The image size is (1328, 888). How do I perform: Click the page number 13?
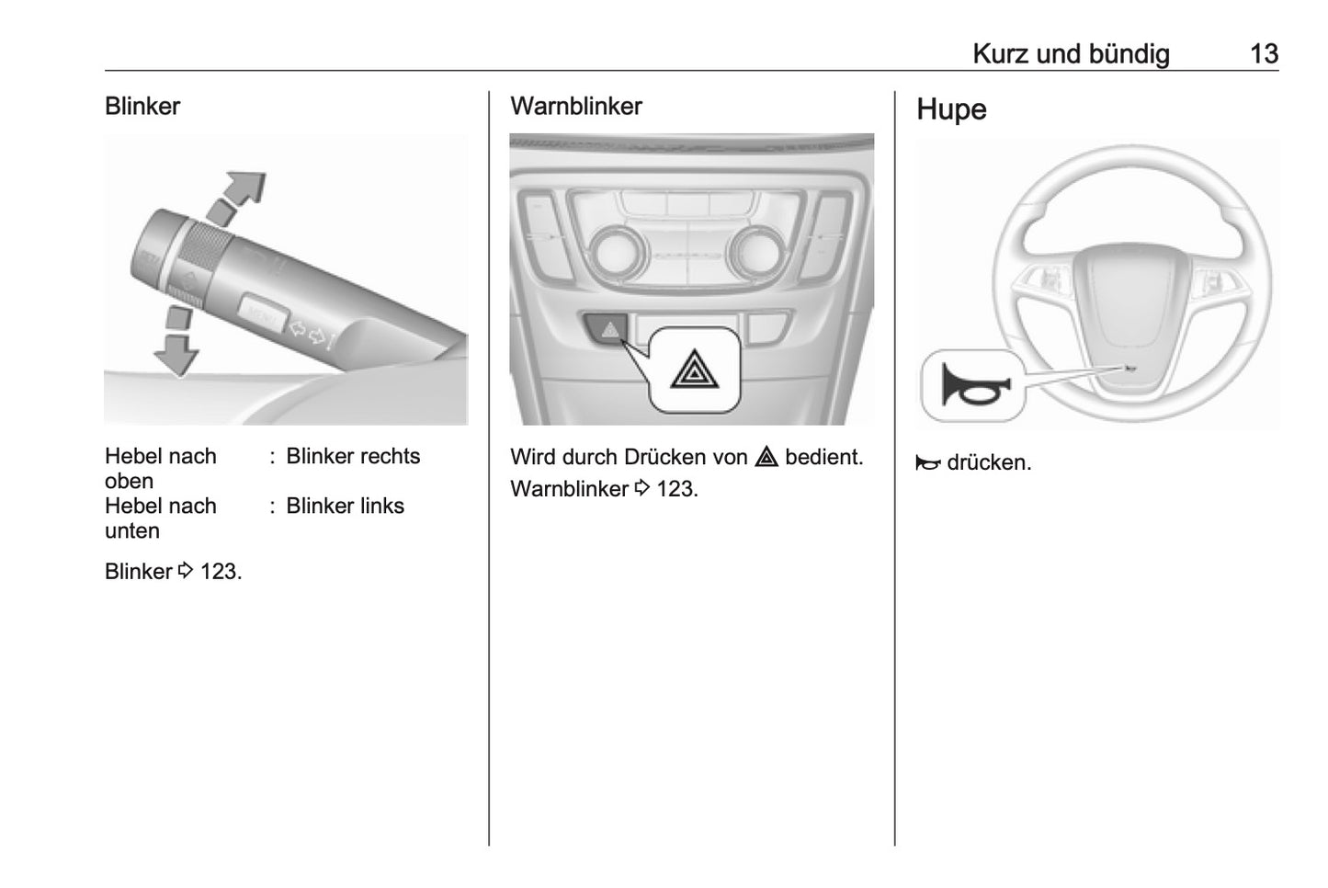click(1264, 54)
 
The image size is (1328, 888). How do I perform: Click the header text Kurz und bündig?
click(1071, 54)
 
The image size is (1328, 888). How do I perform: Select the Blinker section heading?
click(142, 107)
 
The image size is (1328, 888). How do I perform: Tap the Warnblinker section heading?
click(575, 107)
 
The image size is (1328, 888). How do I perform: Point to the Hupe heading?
click(951, 109)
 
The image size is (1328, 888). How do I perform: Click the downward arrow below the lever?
click(176, 348)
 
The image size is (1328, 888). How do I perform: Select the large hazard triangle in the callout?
click(696, 370)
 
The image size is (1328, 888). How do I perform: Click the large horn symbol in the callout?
click(973, 385)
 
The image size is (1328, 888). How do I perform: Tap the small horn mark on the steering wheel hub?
click(1129, 368)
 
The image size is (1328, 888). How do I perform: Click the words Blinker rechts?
click(353, 457)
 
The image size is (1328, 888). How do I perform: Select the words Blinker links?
click(345, 507)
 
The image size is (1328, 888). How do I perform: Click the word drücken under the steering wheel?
click(988, 463)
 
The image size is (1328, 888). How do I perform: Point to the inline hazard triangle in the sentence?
click(766, 457)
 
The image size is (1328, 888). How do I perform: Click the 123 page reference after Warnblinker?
click(676, 489)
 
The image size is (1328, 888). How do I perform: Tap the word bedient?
click(823, 457)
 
